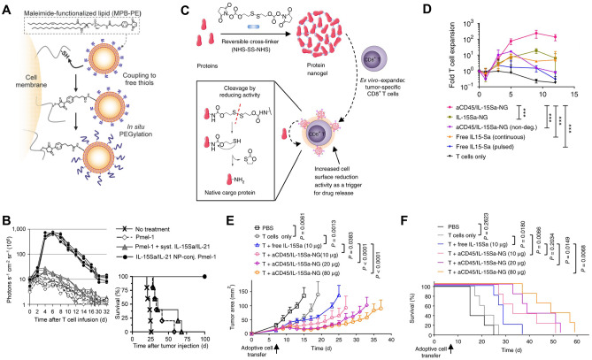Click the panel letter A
point(6,7)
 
